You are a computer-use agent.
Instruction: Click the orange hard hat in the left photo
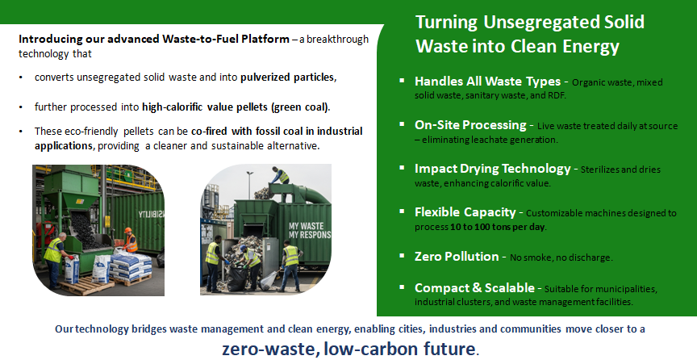click(x=128, y=230)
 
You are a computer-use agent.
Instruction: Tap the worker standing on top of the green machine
click(x=280, y=175)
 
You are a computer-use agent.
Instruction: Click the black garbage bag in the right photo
click(x=237, y=278)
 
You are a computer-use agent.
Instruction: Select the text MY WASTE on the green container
click(x=307, y=226)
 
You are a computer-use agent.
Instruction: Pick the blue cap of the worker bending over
click(x=243, y=248)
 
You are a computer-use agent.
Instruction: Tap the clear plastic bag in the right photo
click(x=269, y=280)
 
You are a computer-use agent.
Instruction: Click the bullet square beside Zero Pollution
click(x=402, y=255)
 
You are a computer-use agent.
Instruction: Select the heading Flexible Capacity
click(x=465, y=212)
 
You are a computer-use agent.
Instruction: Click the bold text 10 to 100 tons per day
click(x=498, y=227)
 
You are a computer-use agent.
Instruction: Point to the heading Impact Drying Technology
click(x=493, y=169)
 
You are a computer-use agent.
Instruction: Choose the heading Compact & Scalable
click(x=474, y=288)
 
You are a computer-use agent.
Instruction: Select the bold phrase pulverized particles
click(x=287, y=77)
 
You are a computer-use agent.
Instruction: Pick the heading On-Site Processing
click(x=470, y=125)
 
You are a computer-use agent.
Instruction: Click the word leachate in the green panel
click(x=472, y=140)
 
